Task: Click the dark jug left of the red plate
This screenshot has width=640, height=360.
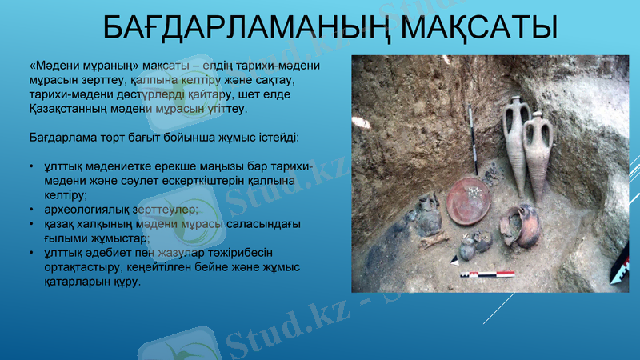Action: (428, 218)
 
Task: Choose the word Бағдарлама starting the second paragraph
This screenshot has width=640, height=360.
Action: (66, 138)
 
